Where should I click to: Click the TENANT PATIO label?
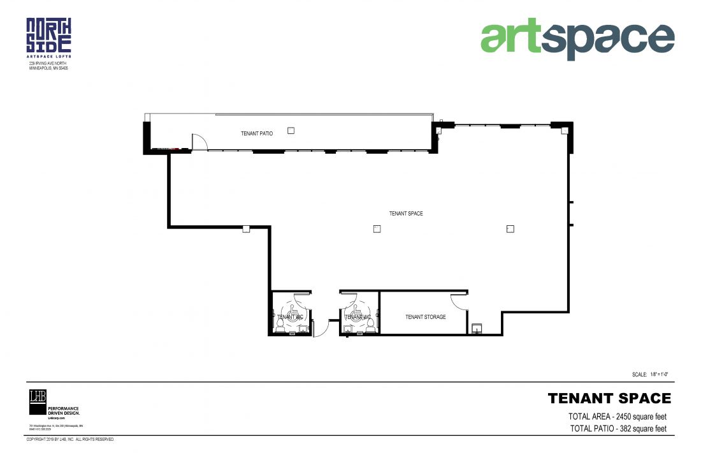pyautogui.click(x=257, y=134)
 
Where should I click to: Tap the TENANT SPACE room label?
pyautogui.click(x=406, y=214)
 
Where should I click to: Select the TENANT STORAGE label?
pyautogui.click(x=426, y=317)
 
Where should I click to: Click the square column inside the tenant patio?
pyautogui.click(x=291, y=130)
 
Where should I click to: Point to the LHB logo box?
pyautogui.click(x=38, y=397)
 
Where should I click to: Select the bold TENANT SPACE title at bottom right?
pyautogui.click(x=609, y=399)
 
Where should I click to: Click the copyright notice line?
pyautogui.click(x=69, y=440)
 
